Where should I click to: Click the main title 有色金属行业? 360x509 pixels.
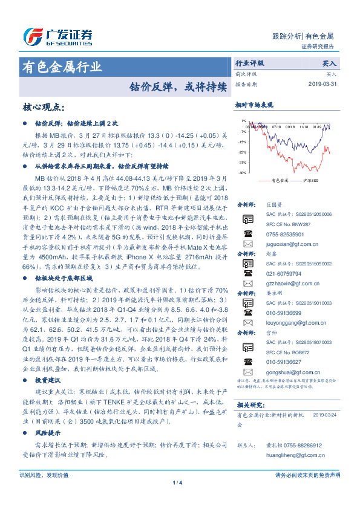pos(62,66)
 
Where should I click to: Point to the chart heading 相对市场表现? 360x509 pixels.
pos(254,105)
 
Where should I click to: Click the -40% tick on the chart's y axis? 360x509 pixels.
pos(241,173)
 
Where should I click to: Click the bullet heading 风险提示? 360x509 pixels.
pos(48,433)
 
